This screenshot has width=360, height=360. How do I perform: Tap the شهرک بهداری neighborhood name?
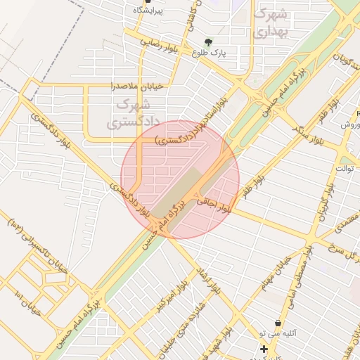pyautogui.click(x=270, y=22)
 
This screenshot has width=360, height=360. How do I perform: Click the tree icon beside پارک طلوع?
pyautogui.click(x=207, y=41)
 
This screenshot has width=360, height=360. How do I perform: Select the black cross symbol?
pyautogui.click(x=264, y=349)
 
